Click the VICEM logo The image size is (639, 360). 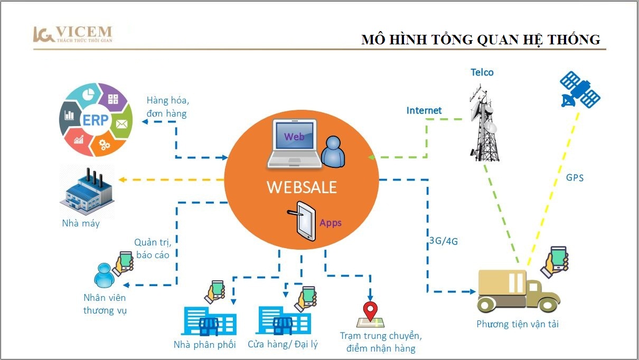pos(73,34)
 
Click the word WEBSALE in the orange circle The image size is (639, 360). pos(302,187)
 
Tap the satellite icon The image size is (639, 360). pos(580,90)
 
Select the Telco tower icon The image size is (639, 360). pos(484,122)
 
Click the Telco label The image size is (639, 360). pos(482,72)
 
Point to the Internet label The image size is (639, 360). pos(424,110)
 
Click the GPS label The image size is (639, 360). pos(575,178)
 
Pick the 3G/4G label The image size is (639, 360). pos(444,241)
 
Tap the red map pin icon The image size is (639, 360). pos(370,311)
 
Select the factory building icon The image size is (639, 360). pos(87,192)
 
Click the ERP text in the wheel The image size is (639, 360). pos(96,120)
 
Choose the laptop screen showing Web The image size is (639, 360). pos(294,135)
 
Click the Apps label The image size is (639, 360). pos(331,223)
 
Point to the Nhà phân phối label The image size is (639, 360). pos(205,345)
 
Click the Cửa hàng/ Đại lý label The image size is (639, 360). pos(283,344)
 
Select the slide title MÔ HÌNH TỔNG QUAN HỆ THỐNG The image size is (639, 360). pos(481,40)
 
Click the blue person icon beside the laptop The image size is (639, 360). pos(333,151)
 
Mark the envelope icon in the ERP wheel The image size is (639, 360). pos(122,124)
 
